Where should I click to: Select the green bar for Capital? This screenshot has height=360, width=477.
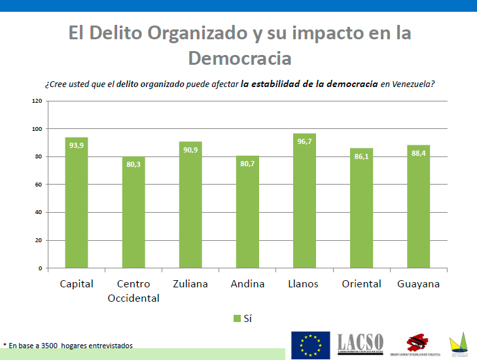77,203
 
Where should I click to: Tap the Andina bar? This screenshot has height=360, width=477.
247,212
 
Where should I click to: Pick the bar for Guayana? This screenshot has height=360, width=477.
418,206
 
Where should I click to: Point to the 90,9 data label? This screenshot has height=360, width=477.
190,150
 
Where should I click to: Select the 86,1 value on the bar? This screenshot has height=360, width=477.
361,157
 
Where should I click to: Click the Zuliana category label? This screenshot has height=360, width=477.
190,284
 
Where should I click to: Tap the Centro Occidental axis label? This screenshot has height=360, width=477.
133,291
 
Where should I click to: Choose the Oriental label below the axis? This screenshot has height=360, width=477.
361,284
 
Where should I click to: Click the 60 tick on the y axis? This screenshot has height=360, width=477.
38,185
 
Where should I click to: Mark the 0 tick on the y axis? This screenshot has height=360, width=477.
40,268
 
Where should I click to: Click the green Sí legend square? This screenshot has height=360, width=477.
237,318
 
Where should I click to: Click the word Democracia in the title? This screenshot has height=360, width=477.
239,58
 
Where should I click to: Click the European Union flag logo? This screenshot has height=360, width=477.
310,345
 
